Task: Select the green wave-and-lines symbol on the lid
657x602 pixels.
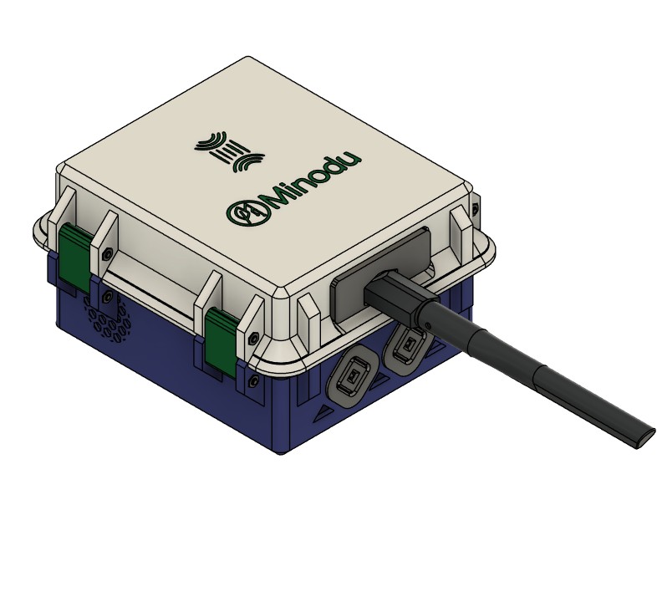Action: [229, 151]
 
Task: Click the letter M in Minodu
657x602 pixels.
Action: [278, 198]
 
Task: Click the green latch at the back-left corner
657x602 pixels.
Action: [74, 258]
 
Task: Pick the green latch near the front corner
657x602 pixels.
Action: [221, 343]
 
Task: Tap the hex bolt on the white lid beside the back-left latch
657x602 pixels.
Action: [107, 253]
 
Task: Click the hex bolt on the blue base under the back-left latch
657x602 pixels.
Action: [107, 297]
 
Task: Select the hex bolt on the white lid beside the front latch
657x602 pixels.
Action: [253, 338]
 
